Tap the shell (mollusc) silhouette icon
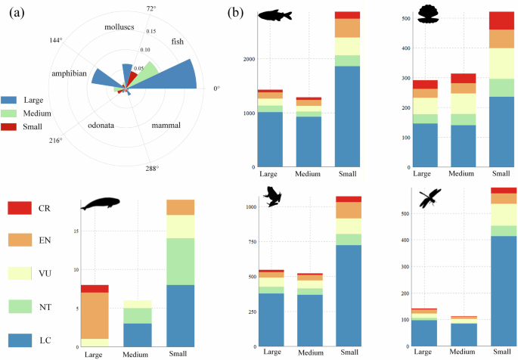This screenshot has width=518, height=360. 428,16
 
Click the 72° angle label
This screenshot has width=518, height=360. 151,9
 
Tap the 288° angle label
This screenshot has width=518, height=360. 153,168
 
